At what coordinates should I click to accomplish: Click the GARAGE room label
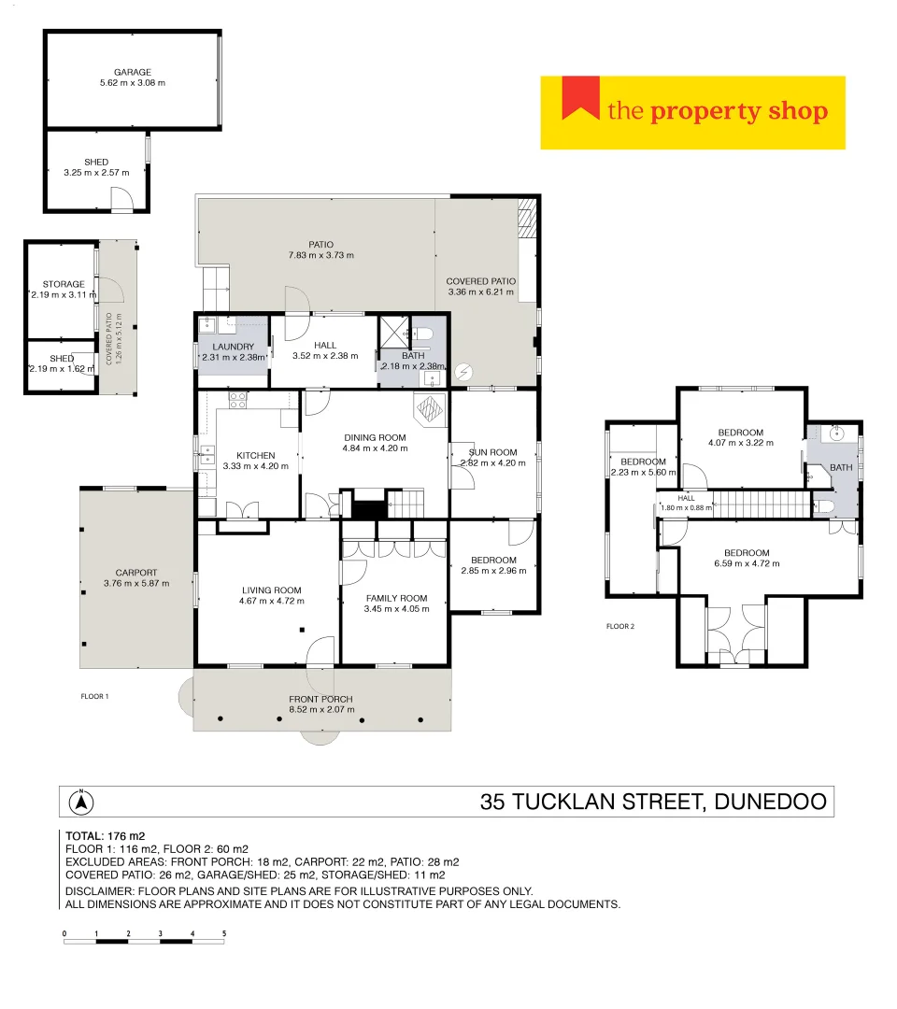[132, 72]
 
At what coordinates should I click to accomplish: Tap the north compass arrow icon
[81, 801]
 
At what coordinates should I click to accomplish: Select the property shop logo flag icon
[579, 99]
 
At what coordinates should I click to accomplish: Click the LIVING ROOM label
[271, 590]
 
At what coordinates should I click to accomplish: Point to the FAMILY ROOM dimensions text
[396, 609]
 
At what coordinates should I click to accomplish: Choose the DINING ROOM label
[375, 437]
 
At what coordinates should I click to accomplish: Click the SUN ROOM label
[492, 452]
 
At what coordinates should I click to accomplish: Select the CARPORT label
[136, 573]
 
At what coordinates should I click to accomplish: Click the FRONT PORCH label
[320, 699]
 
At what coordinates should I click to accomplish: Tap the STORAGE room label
[64, 284]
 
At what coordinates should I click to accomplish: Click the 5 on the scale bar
[224, 932]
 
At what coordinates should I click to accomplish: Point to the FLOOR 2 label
[620, 626]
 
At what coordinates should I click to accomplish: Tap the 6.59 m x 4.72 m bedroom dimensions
[746, 563]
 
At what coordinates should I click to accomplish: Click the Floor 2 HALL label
[686, 498]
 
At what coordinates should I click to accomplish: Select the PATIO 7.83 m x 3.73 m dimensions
[321, 255]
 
